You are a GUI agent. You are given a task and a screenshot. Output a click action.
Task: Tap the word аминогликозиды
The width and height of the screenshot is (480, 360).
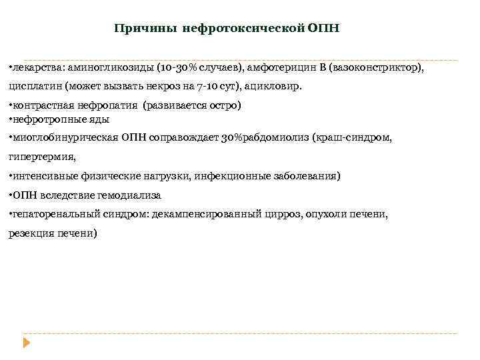(x=98, y=69)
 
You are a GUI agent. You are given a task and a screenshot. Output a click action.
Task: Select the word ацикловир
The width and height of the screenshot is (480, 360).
(x=274, y=87)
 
